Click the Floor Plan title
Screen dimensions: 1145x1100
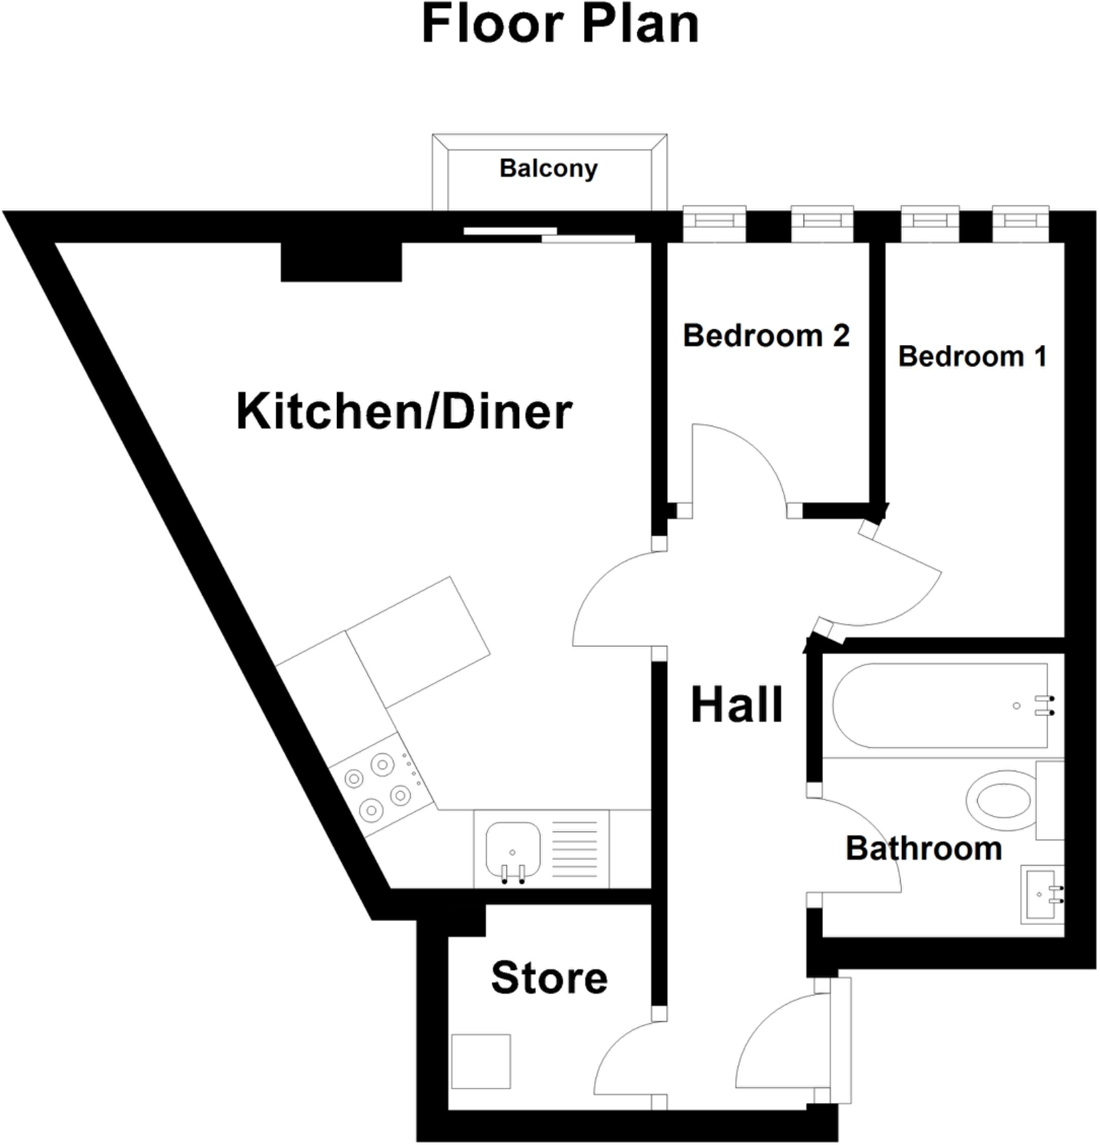tap(560, 25)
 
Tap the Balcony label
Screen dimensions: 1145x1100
tap(548, 168)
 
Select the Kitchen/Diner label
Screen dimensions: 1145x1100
tap(403, 412)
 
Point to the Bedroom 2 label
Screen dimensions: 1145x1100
tap(766, 335)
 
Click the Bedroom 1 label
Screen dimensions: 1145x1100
tap(972, 356)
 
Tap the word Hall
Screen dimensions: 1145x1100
tap(736, 705)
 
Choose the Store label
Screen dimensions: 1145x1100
tap(549, 978)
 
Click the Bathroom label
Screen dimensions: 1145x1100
tap(923, 849)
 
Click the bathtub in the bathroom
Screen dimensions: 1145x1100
tap(939, 705)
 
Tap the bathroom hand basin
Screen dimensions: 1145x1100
tap(1041, 894)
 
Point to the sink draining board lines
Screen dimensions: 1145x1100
tap(575, 850)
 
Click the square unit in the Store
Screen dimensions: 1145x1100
tap(481, 1061)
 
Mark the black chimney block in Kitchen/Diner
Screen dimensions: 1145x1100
tap(341, 262)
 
